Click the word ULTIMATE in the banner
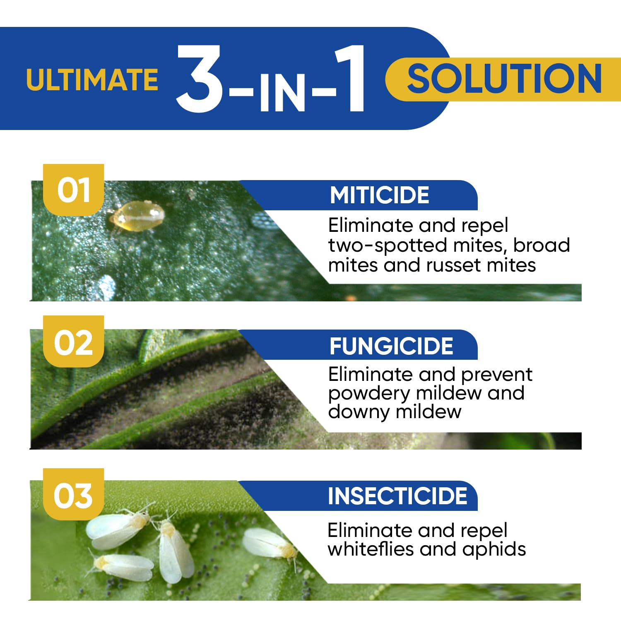[x=92, y=79]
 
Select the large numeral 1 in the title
[x=351, y=79]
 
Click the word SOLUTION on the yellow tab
[x=504, y=79]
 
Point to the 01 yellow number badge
[x=74, y=190]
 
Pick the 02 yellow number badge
[x=74, y=342]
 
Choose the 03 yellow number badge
[x=73, y=495]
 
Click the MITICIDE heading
[x=379, y=195]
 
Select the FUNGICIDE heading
[x=391, y=346]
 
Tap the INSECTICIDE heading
[x=397, y=496]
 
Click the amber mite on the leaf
[x=137, y=217]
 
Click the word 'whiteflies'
[x=370, y=549]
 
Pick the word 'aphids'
[x=494, y=550]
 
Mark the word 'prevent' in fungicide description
[x=496, y=375]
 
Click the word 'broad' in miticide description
[x=542, y=245]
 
